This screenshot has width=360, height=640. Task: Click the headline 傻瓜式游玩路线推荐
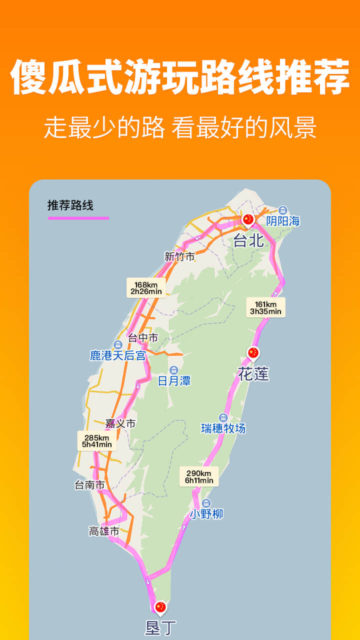[180, 77]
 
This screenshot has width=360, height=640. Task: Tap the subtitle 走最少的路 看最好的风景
[180, 127]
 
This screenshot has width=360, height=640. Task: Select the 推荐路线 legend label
[70, 205]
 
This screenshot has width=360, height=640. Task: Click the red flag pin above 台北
[248, 219]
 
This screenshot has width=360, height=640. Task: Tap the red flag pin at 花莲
[253, 353]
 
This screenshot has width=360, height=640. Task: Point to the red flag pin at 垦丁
[160, 607]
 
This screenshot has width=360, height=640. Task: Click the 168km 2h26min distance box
[146, 288]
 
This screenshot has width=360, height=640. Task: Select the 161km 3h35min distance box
[265, 307]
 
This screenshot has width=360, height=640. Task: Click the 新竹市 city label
[179, 256]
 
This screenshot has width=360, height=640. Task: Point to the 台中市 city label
[143, 338]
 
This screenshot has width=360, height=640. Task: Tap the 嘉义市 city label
[120, 423]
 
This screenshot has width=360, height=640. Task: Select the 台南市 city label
[89, 484]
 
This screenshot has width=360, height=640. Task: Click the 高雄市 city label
[104, 531]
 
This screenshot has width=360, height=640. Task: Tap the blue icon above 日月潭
[173, 369]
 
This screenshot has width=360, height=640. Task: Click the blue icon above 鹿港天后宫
[118, 344]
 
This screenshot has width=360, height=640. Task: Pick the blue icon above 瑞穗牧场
[223, 417]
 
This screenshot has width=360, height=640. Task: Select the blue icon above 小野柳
[206, 503]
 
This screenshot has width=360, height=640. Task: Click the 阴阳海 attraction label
[283, 221]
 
